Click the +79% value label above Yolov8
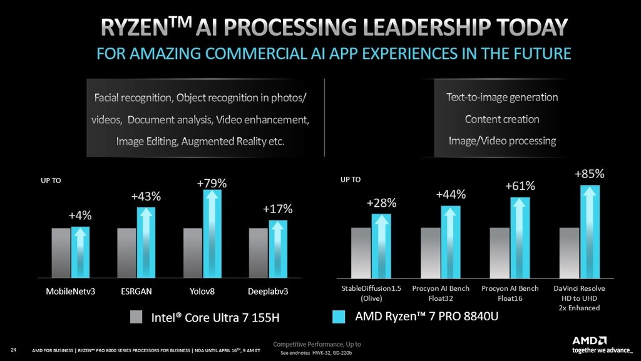(x=212, y=184)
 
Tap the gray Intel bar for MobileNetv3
(x=61, y=253)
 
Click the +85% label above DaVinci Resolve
(x=589, y=174)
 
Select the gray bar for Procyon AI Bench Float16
(x=500, y=253)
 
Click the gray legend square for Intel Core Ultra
(x=136, y=317)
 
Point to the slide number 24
(x=13, y=349)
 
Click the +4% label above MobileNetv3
(x=80, y=216)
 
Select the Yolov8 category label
(x=202, y=292)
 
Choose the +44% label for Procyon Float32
(x=451, y=195)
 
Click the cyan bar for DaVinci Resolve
(x=589, y=232)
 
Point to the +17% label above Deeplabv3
(x=278, y=209)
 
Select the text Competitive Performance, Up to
(x=316, y=344)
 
